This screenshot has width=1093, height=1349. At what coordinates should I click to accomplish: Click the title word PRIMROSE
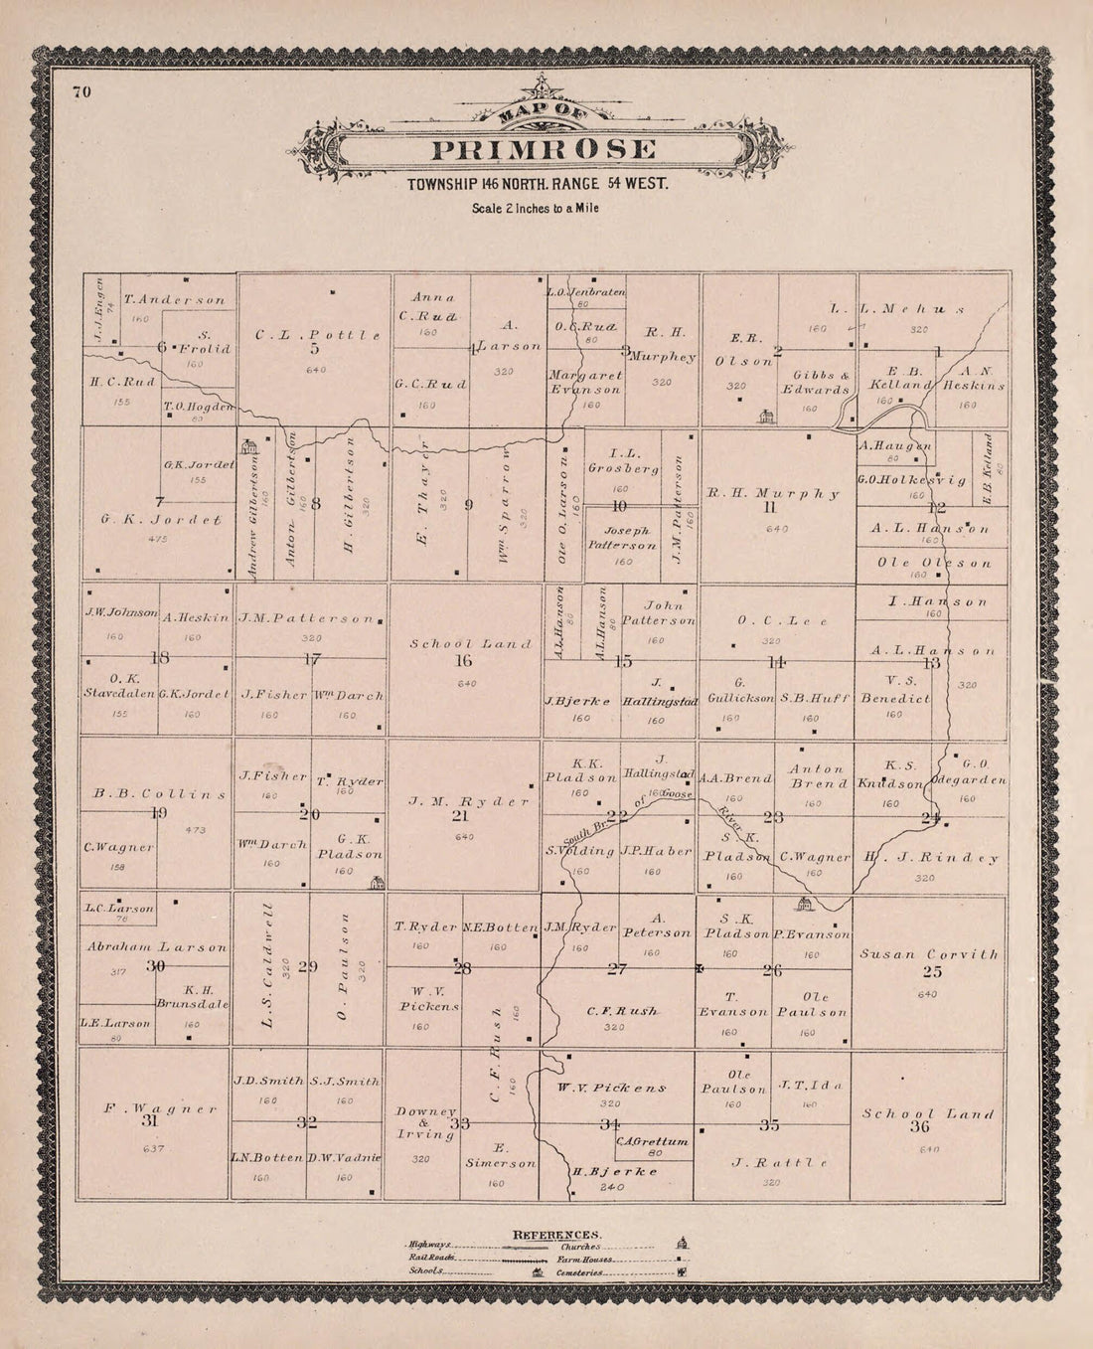click(543, 150)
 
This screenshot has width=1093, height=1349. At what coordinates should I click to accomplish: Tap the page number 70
click(81, 92)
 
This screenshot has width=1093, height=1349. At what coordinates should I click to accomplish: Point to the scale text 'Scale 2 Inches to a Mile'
click(536, 209)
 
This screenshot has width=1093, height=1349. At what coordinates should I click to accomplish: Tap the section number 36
click(918, 1127)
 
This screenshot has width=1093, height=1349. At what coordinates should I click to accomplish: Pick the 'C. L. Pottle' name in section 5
click(318, 336)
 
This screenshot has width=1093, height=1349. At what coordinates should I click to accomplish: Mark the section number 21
click(460, 816)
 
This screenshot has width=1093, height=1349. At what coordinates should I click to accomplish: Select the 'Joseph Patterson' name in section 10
click(621, 538)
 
